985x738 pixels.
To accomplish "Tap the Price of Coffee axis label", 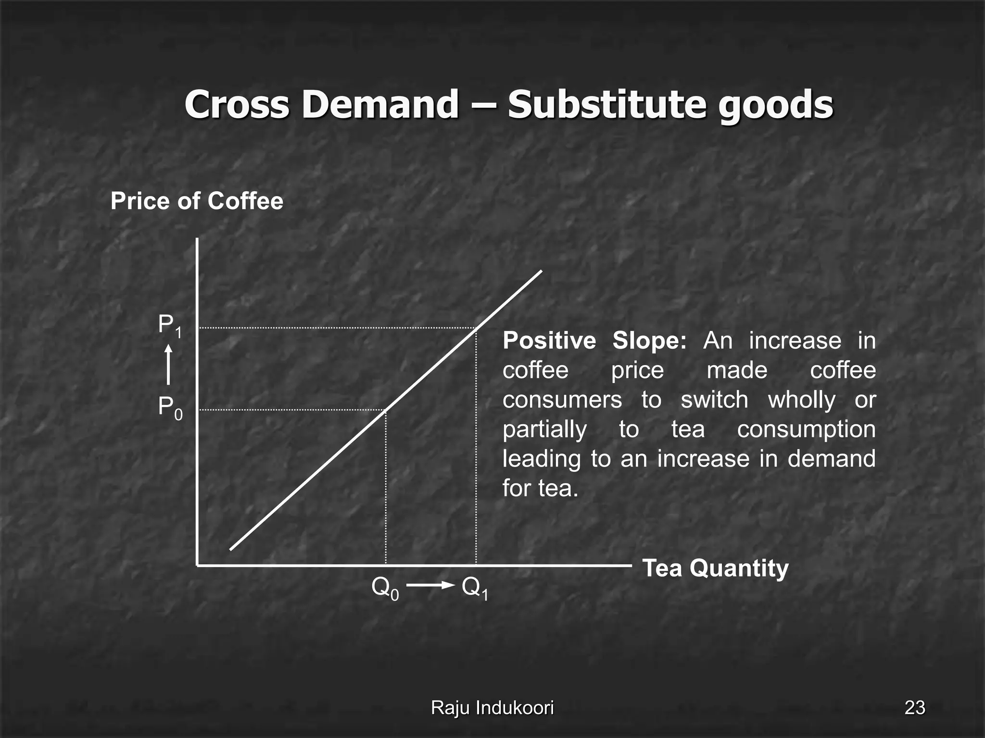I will click(x=197, y=201).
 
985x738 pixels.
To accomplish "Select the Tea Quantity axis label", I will click(x=715, y=568).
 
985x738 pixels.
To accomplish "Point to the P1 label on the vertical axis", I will click(x=170, y=326).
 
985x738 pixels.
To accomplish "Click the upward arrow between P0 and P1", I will click(x=168, y=365).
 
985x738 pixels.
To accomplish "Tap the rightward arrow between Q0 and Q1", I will click(x=430, y=585).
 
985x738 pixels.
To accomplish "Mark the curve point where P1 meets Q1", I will click(x=476, y=328).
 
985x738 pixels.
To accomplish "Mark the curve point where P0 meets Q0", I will click(x=386, y=410).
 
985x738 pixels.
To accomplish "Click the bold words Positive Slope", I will click(x=594, y=341).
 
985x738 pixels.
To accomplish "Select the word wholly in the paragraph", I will click(x=801, y=400).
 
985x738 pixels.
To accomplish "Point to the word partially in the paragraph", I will click(x=544, y=429).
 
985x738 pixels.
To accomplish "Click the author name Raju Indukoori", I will click(x=492, y=708).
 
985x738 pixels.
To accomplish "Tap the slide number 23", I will click(x=914, y=708).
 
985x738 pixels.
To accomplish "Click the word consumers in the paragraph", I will click(x=562, y=400).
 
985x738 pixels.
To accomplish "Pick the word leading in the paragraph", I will click(x=542, y=459).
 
